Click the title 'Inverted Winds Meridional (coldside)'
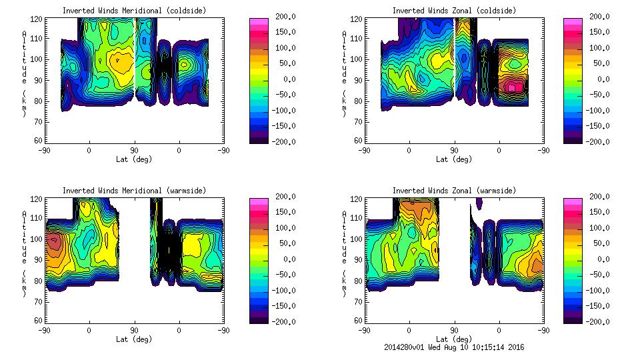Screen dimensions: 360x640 (134, 11)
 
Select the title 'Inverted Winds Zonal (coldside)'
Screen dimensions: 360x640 (454, 11)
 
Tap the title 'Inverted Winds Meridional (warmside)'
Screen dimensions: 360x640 (134, 191)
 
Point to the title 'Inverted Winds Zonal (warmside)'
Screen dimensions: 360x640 (454, 191)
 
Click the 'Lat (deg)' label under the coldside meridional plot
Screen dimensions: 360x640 (134, 159)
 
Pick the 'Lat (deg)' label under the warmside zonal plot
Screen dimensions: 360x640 (454, 339)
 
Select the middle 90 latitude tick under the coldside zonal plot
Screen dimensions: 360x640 (454, 151)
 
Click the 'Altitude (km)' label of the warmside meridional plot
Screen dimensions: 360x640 (24, 253)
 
